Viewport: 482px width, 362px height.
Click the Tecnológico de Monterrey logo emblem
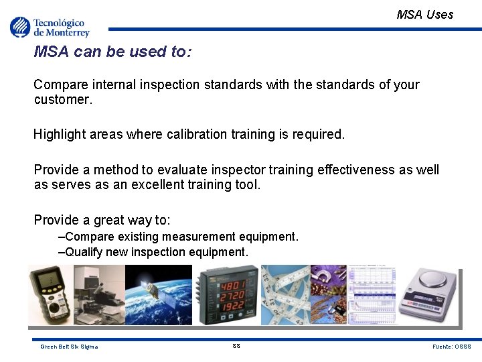(20, 27)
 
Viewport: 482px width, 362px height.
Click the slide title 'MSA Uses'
(424, 14)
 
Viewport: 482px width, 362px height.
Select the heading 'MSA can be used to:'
(112, 52)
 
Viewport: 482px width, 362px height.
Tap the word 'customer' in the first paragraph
(62, 100)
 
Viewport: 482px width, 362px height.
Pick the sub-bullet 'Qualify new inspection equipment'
(153, 252)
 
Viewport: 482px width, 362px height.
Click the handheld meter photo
(50, 294)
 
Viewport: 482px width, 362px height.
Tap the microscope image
(98, 294)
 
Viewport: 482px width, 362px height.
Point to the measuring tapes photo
(285, 294)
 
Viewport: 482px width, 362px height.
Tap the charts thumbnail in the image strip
(372, 294)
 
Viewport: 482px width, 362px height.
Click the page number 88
(236, 346)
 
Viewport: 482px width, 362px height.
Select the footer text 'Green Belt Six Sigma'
(69, 347)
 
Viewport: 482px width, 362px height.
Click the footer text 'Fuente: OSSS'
(452, 347)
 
